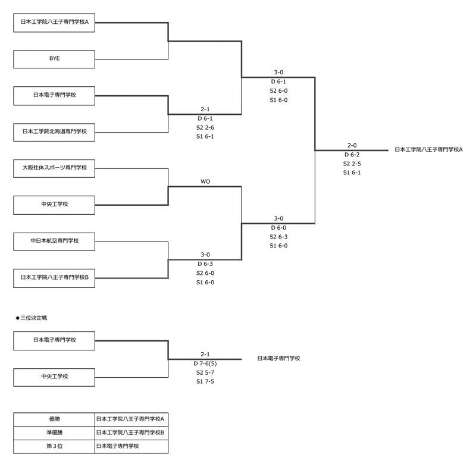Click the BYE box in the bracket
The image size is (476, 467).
point(54,59)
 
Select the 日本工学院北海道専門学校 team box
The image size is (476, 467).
point(54,131)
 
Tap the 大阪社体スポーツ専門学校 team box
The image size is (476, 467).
point(54,168)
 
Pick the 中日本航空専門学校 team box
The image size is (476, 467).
point(54,241)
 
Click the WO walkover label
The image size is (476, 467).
point(205,181)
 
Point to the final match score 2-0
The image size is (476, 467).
point(352,145)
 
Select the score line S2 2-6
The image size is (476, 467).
point(205,127)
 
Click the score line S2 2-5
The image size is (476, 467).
point(352,164)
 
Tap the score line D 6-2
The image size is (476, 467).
point(352,154)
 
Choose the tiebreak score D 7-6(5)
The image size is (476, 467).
point(205,363)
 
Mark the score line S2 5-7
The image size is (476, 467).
point(205,372)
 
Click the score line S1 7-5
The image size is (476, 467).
point(205,381)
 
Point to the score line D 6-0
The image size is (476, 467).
point(278,227)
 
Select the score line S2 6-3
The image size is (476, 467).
point(278,236)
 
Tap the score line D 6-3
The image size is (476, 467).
point(205,264)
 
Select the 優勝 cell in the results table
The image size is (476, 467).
point(54,419)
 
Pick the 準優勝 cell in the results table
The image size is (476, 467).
point(54,432)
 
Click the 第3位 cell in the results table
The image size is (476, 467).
point(54,446)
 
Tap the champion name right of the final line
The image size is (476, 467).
point(428,150)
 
